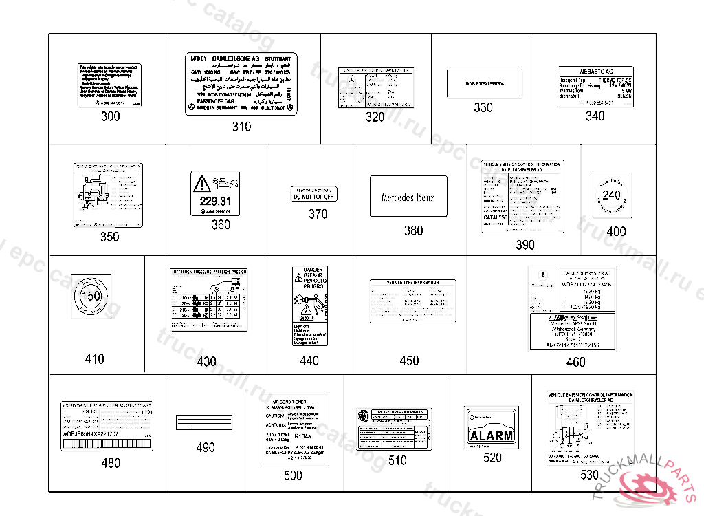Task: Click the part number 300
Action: (110, 116)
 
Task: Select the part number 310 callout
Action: (241, 127)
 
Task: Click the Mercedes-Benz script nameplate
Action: (408, 197)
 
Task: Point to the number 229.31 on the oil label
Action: (216, 201)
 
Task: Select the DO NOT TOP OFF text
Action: (313, 197)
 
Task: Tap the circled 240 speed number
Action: (611, 195)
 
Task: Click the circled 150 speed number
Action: (91, 297)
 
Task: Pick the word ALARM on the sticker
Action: (491, 436)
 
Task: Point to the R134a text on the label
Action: (302, 436)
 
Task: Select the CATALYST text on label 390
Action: (494, 217)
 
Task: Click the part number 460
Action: (575, 363)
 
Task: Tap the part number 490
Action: (205, 448)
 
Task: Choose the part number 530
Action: (589, 475)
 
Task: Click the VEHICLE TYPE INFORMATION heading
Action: (412, 283)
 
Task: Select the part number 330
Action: (483, 108)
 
